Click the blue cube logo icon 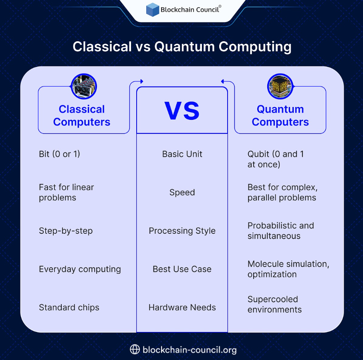tap(153, 10)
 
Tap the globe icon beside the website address tap(135, 349)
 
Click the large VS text tap(182, 111)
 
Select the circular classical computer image tap(84, 87)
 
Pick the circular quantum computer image tap(280, 87)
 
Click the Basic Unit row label tap(182, 154)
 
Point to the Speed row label tap(182, 192)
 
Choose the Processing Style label tap(182, 231)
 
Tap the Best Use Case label tap(182, 269)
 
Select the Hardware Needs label tap(182, 307)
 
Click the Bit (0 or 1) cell tap(59, 154)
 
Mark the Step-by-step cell tap(66, 231)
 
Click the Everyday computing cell tap(80, 269)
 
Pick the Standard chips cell tap(69, 307)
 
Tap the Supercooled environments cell tap(274, 304)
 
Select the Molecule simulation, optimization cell tap(288, 269)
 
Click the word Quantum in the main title tap(185, 47)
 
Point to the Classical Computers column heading tap(82, 115)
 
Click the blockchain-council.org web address tap(190, 350)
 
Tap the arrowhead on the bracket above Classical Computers tap(142, 81)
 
